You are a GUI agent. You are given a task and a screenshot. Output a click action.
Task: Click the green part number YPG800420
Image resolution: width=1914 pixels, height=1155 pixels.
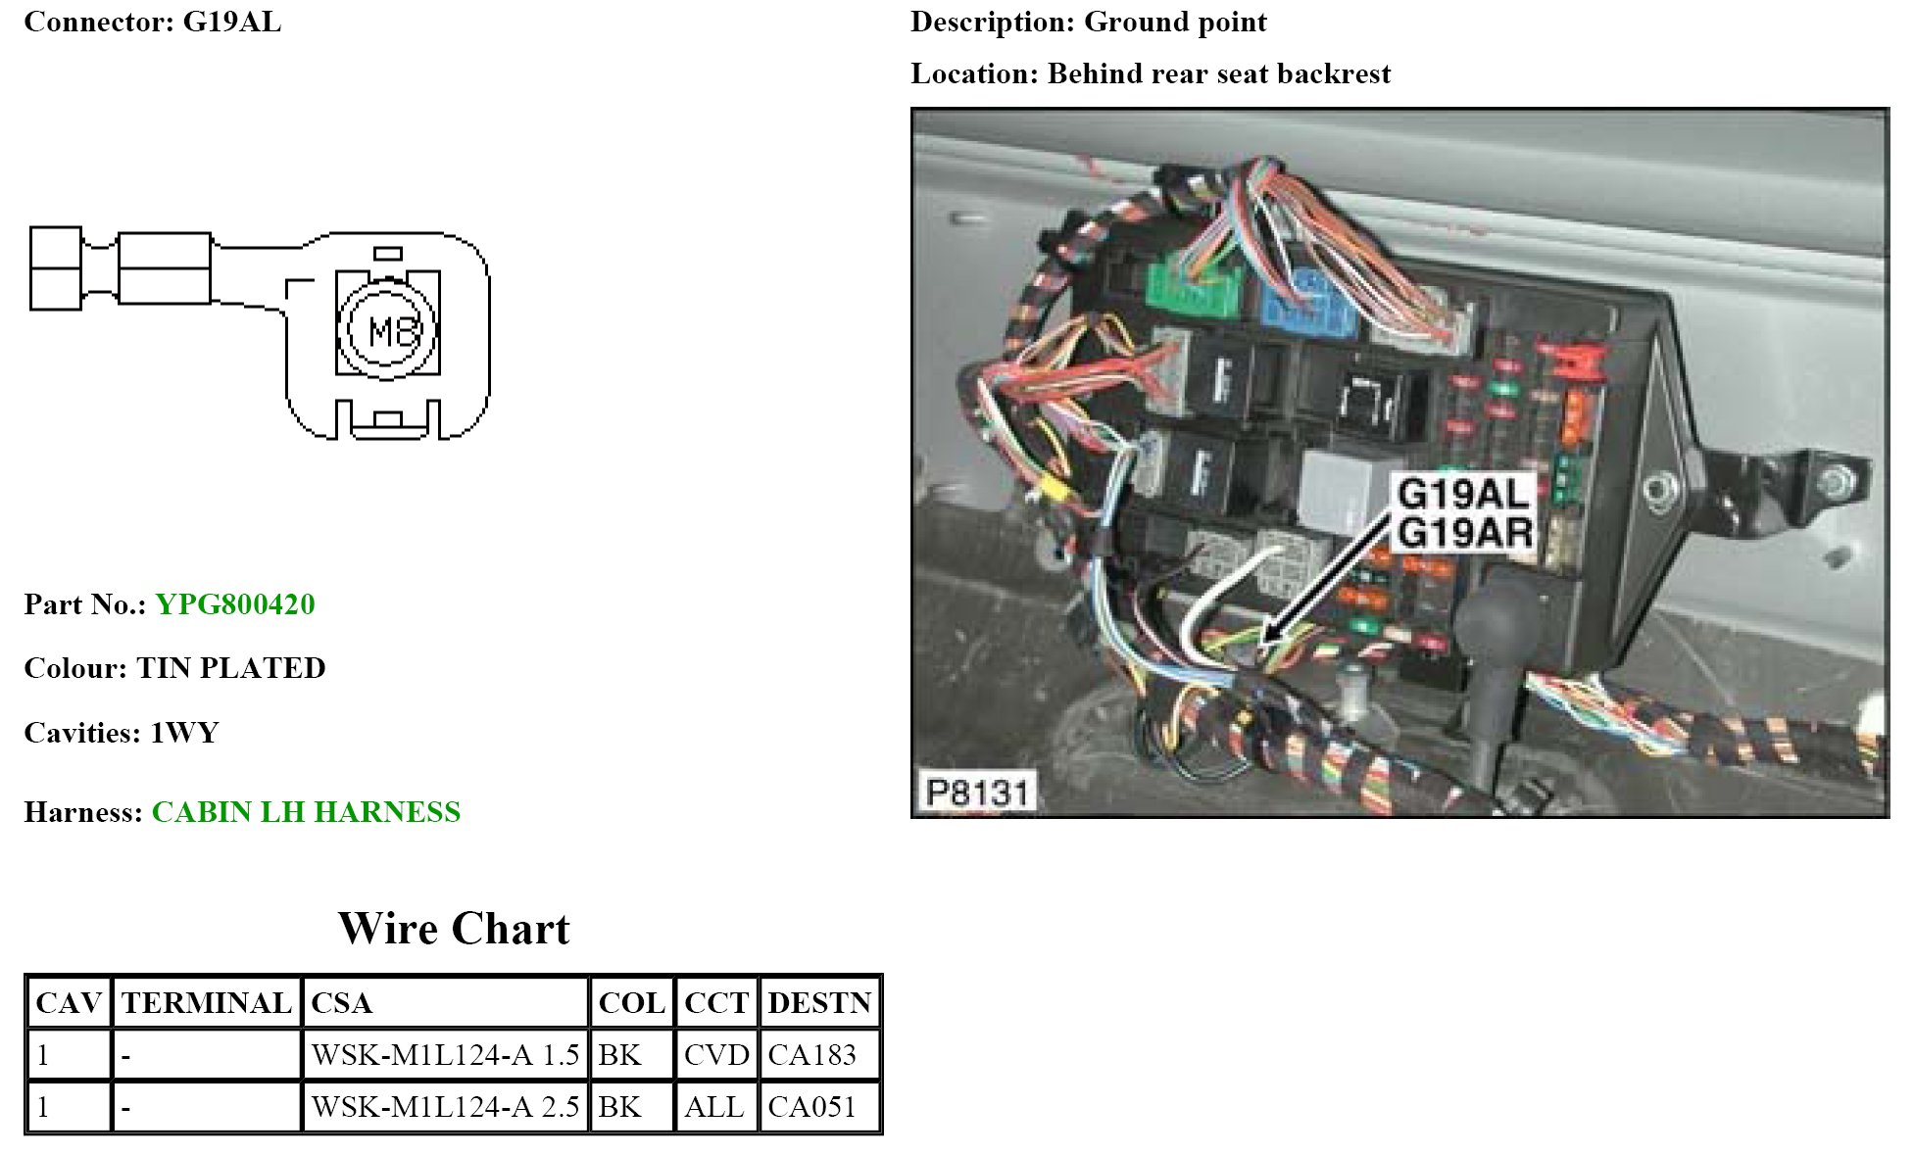(235, 604)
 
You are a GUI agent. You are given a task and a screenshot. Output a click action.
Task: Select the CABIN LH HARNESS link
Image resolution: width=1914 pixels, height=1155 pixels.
(306, 812)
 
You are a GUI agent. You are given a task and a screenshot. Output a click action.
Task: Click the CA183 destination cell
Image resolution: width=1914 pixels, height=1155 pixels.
(811, 1055)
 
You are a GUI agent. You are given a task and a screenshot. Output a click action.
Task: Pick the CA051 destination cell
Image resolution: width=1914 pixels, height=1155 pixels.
(811, 1107)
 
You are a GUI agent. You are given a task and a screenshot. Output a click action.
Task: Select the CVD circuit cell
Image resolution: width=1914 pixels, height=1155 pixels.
(716, 1055)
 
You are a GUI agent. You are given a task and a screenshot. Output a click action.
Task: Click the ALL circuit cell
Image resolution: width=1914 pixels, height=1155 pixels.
(713, 1107)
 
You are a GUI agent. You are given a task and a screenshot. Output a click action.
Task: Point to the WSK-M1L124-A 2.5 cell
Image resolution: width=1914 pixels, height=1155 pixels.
(445, 1107)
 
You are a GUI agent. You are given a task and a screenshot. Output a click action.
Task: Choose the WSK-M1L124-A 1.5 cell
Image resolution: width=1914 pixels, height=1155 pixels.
(445, 1055)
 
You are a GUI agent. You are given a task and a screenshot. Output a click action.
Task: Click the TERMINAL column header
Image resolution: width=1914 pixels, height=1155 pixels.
(206, 1003)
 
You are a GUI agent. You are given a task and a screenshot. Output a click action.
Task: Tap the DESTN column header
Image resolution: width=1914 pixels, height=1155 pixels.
(819, 1003)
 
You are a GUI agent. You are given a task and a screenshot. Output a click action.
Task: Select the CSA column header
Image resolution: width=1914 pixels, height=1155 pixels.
(341, 1003)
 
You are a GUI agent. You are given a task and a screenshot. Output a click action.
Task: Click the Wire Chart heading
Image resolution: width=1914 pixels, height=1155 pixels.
(454, 929)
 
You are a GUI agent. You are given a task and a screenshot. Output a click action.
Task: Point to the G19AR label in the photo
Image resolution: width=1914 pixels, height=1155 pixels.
(1465, 534)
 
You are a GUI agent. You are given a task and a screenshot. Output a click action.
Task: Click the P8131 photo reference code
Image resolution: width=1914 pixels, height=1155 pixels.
(976, 792)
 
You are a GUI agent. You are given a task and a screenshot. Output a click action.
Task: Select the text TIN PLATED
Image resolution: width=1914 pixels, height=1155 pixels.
(231, 668)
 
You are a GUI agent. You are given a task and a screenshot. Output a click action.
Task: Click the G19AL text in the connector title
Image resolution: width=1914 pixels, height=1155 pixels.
(232, 22)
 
